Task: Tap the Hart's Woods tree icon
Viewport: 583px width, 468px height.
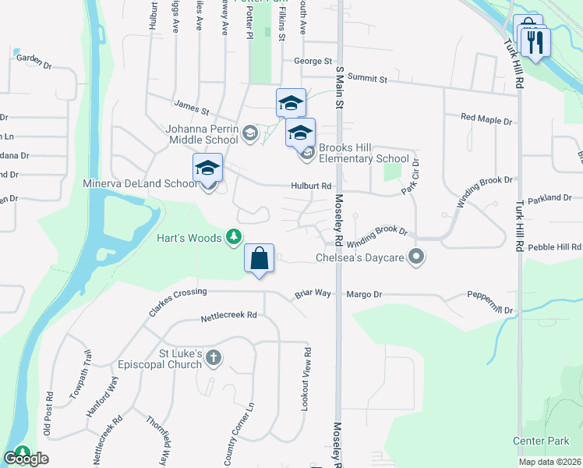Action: click(x=233, y=236)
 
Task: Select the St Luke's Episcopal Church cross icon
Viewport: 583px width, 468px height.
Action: click(x=214, y=358)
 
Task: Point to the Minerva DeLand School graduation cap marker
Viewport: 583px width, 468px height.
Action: click(x=208, y=168)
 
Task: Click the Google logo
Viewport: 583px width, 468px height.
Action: click(x=26, y=459)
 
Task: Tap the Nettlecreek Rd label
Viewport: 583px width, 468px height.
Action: click(x=228, y=316)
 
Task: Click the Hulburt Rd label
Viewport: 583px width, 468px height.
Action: click(x=312, y=186)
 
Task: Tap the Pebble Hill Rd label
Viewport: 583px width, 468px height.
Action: click(x=554, y=246)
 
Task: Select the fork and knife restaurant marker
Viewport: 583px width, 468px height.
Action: click(x=535, y=42)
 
